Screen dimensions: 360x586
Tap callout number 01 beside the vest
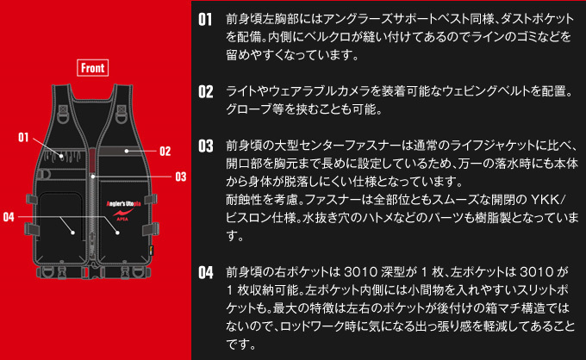pos(23,137)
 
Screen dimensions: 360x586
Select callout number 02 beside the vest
pos(165,151)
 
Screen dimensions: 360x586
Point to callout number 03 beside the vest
pos(180,177)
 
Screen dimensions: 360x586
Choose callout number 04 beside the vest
pos(9,215)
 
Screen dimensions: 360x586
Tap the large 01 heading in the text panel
pos(205,19)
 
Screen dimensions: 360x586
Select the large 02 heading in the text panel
pos(205,91)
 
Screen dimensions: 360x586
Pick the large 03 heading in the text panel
pos(205,146)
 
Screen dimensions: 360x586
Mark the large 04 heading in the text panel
pos(205,273)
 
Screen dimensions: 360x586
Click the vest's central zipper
pos(93,198)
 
